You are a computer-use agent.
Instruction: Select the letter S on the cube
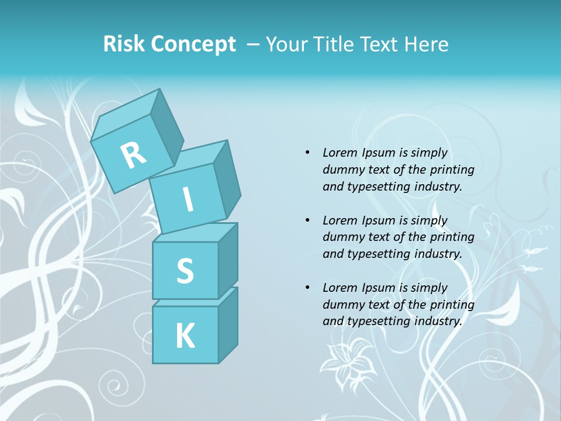(185, 271)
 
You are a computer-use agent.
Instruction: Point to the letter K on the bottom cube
(185, 336)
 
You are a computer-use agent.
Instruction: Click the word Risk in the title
(123, 44)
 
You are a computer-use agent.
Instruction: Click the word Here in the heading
(426, 44)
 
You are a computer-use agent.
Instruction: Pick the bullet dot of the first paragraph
(307, 153)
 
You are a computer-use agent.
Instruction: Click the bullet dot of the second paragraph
(307, 220)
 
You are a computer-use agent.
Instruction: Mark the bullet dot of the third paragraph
(307, 288)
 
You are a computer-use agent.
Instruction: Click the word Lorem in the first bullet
(338, 153)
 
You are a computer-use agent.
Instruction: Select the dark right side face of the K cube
(228, 325)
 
